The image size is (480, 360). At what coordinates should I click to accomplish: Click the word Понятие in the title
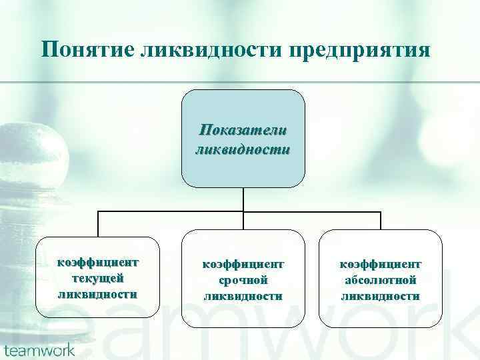point(88,50)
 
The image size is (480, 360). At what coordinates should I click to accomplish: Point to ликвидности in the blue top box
point(243,149)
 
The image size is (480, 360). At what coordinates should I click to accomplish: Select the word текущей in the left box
point(98,277)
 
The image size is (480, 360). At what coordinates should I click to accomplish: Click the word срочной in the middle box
point(243,281)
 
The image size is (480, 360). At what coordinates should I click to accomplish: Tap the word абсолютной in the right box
point(381,281)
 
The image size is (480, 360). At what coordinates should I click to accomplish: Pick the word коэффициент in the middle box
point(243,265)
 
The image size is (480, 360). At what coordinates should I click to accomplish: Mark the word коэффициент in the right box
point(381,265)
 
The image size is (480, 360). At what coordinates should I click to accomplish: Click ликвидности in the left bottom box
point(98,293)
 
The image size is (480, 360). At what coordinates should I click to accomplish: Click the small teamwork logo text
point(39,349)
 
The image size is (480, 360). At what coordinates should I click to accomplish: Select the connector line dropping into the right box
point(381,221)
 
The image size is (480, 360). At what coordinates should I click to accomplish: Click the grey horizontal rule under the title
point(240,82)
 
